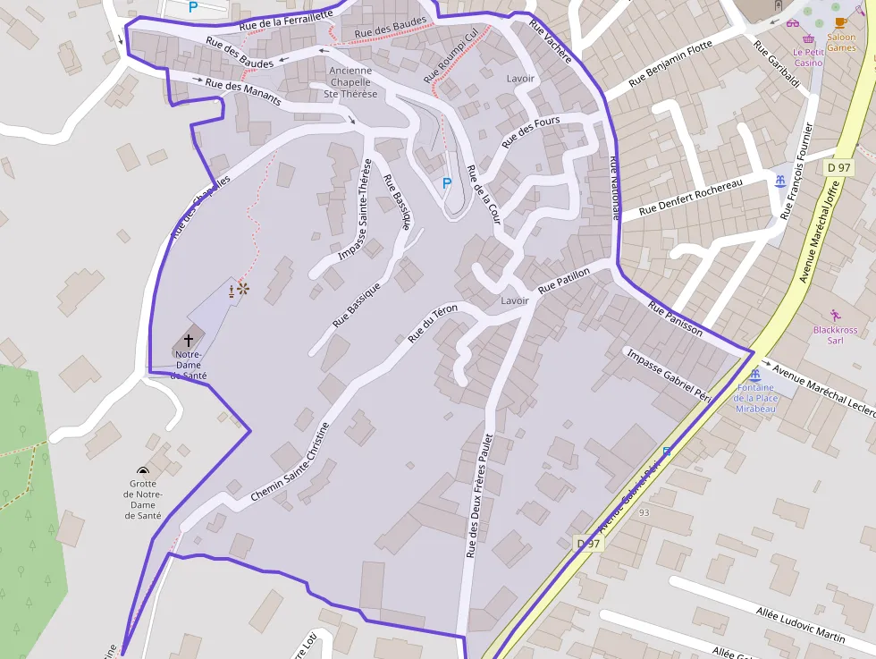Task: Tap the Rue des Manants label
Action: point(243,91)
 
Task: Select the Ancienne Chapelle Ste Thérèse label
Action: point(352,82)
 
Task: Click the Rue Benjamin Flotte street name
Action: point(670,63)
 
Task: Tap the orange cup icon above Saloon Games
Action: point(840,23)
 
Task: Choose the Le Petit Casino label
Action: point(808,57)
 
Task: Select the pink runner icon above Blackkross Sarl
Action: point(835,315)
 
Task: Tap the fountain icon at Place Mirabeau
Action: point(756,375)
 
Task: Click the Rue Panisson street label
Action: point(676,318)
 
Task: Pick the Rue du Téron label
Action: point(433,324)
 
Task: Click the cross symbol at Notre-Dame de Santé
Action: point(189,340)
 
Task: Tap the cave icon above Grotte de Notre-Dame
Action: point(143,469)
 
